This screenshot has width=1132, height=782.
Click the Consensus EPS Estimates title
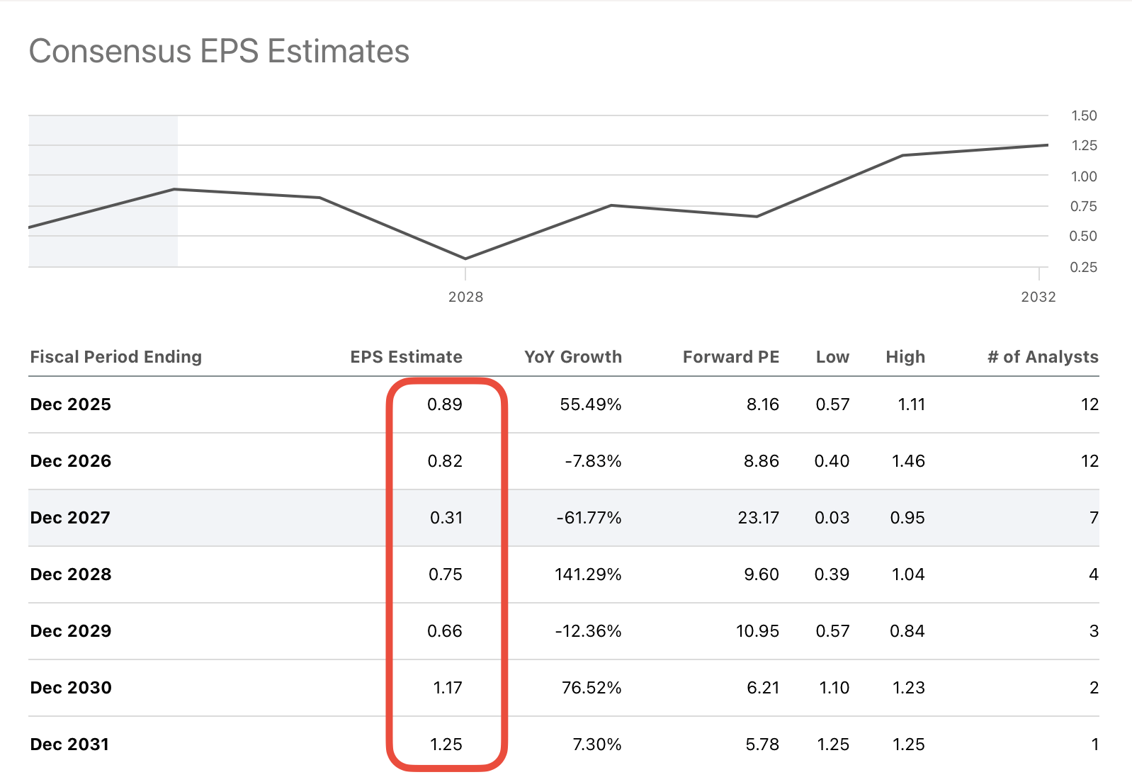[219, 52]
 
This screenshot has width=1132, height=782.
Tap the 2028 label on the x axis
[465, 297]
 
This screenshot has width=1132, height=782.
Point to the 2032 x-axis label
[1038, 297]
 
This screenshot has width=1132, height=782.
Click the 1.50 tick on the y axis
[1083, 115]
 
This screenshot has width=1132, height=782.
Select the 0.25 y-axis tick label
[1083, 267]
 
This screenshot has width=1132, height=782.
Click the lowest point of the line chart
[465, 259]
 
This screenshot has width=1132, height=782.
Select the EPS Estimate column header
[406, 357]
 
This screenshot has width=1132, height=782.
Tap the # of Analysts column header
[1043, 357]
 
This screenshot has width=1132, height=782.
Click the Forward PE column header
[730, 357]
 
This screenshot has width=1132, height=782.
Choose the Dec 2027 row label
[70, 518]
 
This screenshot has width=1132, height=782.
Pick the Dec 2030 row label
[71, 688]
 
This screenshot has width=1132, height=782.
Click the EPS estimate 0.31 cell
[446, 518]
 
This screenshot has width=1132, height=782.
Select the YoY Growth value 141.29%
[587, 574]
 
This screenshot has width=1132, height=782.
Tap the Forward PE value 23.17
[758, 518]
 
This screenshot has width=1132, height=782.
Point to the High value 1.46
[907, 461]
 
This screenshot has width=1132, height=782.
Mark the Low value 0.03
[832, 518]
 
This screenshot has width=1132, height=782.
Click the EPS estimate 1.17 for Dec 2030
[447, 688]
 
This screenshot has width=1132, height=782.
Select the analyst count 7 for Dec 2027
[1093, 518]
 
